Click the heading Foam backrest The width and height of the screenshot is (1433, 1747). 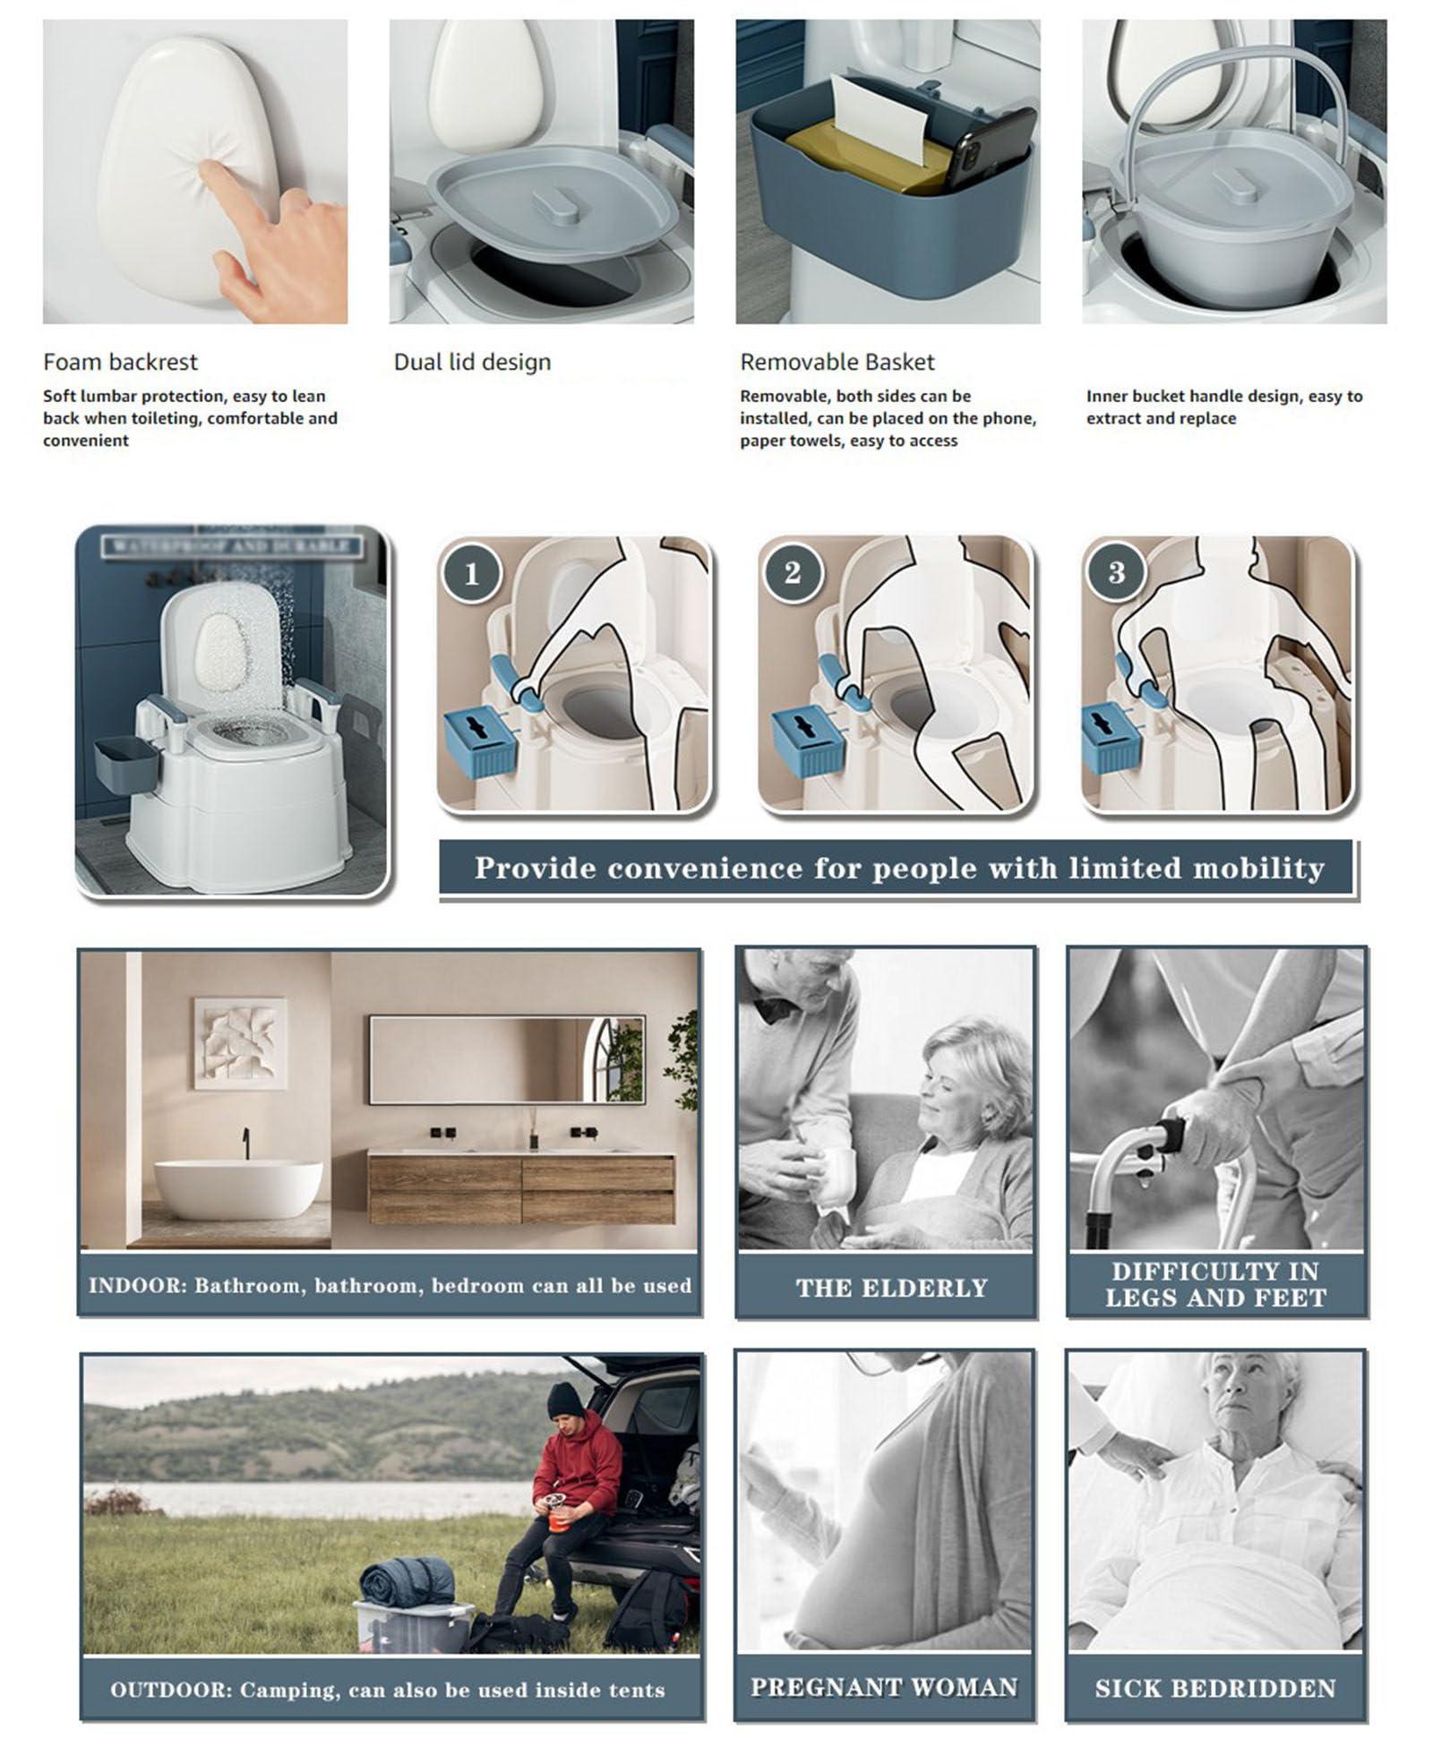click(120, 362)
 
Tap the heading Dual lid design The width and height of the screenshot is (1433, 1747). click(472, 362)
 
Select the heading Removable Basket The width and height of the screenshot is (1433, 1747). click(837, 362)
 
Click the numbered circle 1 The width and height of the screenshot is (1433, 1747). click(471, 572)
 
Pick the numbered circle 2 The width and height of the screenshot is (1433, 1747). click(792, 572)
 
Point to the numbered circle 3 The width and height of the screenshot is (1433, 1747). click(1116, 572)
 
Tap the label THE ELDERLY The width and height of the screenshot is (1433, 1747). click(891, 1288)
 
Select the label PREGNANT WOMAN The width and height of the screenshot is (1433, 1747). click(884, 1687)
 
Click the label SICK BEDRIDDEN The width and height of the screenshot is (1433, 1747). click(1214, 1688)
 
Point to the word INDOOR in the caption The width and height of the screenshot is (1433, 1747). click(135, 1286)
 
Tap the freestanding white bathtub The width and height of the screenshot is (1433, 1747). click(238, 1188)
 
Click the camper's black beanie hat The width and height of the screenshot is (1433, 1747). click(564, 1398)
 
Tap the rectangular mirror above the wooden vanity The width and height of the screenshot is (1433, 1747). click(506, 1058)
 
